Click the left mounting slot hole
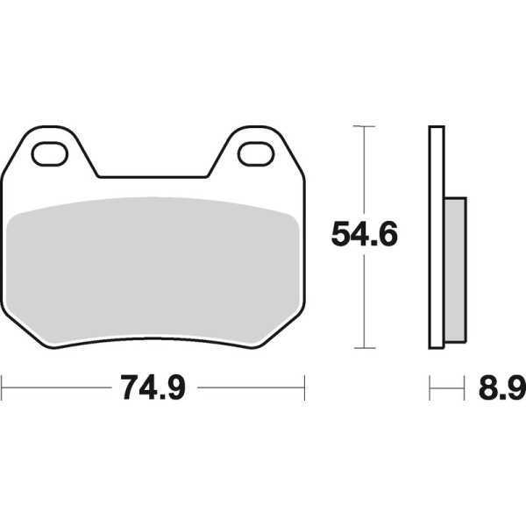point(51,153)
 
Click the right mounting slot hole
point(256,153)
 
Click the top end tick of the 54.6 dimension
point(363,127)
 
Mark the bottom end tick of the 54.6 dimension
point(363,348)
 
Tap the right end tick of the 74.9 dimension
point(303,385)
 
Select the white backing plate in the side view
point(434,237)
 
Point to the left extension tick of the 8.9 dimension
point(430,385)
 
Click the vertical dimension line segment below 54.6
point(363,298)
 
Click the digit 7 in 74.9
point(128,387)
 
